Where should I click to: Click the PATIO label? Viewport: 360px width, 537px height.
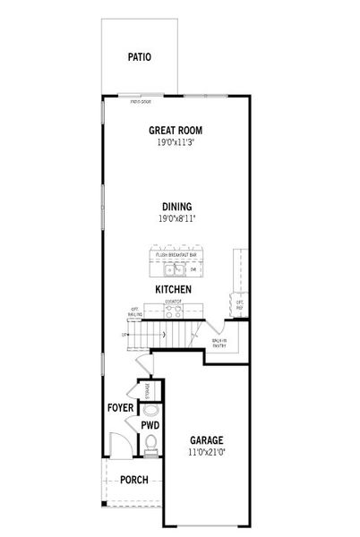(x=139, y=57)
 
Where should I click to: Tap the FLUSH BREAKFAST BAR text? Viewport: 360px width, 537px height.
(x=176, y=255)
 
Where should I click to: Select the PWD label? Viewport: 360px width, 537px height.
(x=150, y=424)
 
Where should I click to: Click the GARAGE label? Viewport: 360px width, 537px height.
(x=206, y=440)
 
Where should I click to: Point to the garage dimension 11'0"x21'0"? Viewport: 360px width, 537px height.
(x=206, y=453)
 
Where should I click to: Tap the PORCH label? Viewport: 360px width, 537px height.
(x=133, y=480)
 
